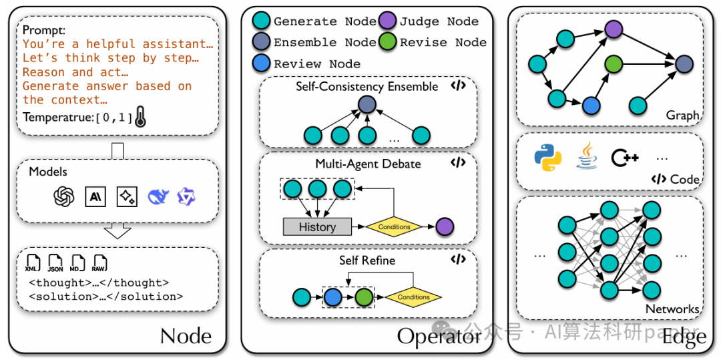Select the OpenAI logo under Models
[64, 196]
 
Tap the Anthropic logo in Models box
[95, 196]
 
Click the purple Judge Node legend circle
[389, 21]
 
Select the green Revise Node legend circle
[389, 42]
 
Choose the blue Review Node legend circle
[262, 64]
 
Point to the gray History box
[317, 226]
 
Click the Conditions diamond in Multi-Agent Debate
[394, 226]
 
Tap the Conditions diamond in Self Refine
[413, 297]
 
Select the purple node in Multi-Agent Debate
[444, 226]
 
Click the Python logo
[547, 157]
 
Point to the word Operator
[439, 336]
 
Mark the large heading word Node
[186, 336]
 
